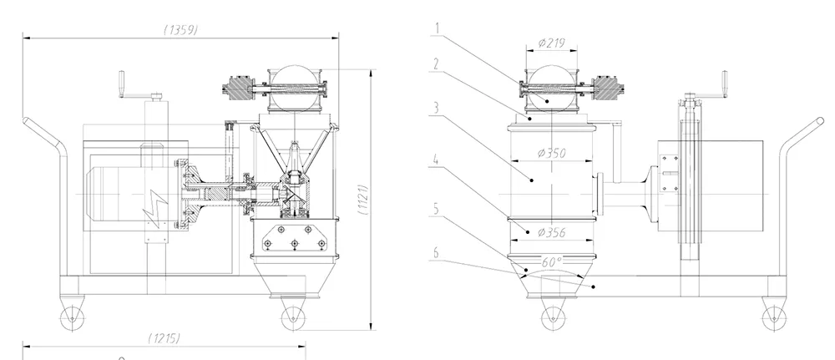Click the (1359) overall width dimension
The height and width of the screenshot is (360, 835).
[x=180, y=30]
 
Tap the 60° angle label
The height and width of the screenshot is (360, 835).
[x=552, y=261]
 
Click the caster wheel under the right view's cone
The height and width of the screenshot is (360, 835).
[x=552, y=316]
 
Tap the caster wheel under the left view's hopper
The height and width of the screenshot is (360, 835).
[x=290, y=316]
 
